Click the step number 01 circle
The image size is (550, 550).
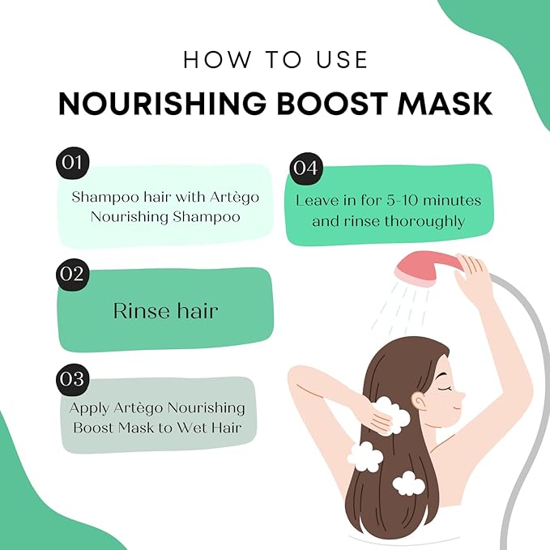72,162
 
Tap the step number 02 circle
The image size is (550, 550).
72,273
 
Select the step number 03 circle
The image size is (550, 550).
72,378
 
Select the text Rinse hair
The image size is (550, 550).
164,310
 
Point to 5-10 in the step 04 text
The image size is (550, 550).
415,200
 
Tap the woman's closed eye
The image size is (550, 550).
444,385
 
